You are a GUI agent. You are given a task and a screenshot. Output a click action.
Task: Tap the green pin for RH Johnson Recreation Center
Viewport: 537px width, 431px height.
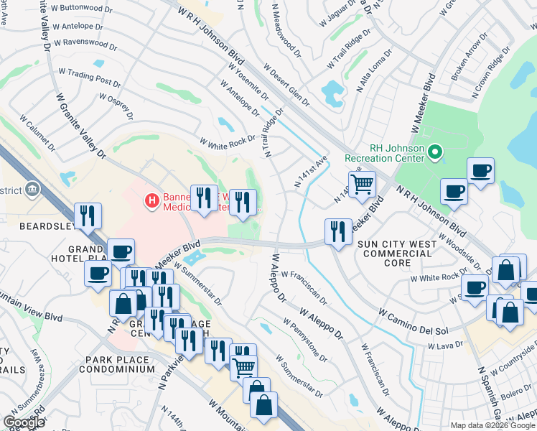point(434,152)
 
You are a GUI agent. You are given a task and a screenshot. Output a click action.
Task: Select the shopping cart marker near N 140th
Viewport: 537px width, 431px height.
point(363,185)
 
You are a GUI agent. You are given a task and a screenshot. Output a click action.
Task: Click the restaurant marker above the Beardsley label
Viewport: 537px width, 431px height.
point(88,215)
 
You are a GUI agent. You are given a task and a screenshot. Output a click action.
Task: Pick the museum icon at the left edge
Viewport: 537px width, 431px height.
point(32,190)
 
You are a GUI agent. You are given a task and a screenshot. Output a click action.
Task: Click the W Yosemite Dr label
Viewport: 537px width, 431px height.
point(248,84)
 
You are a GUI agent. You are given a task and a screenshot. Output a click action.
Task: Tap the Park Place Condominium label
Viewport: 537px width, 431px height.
point(119,364)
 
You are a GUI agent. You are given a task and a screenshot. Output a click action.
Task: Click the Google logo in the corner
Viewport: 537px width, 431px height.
point(24,422)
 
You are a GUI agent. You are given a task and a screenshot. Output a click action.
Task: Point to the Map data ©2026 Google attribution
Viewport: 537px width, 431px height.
point(492,425)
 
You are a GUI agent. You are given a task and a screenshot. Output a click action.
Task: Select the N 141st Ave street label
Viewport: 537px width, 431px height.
point(310,172)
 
